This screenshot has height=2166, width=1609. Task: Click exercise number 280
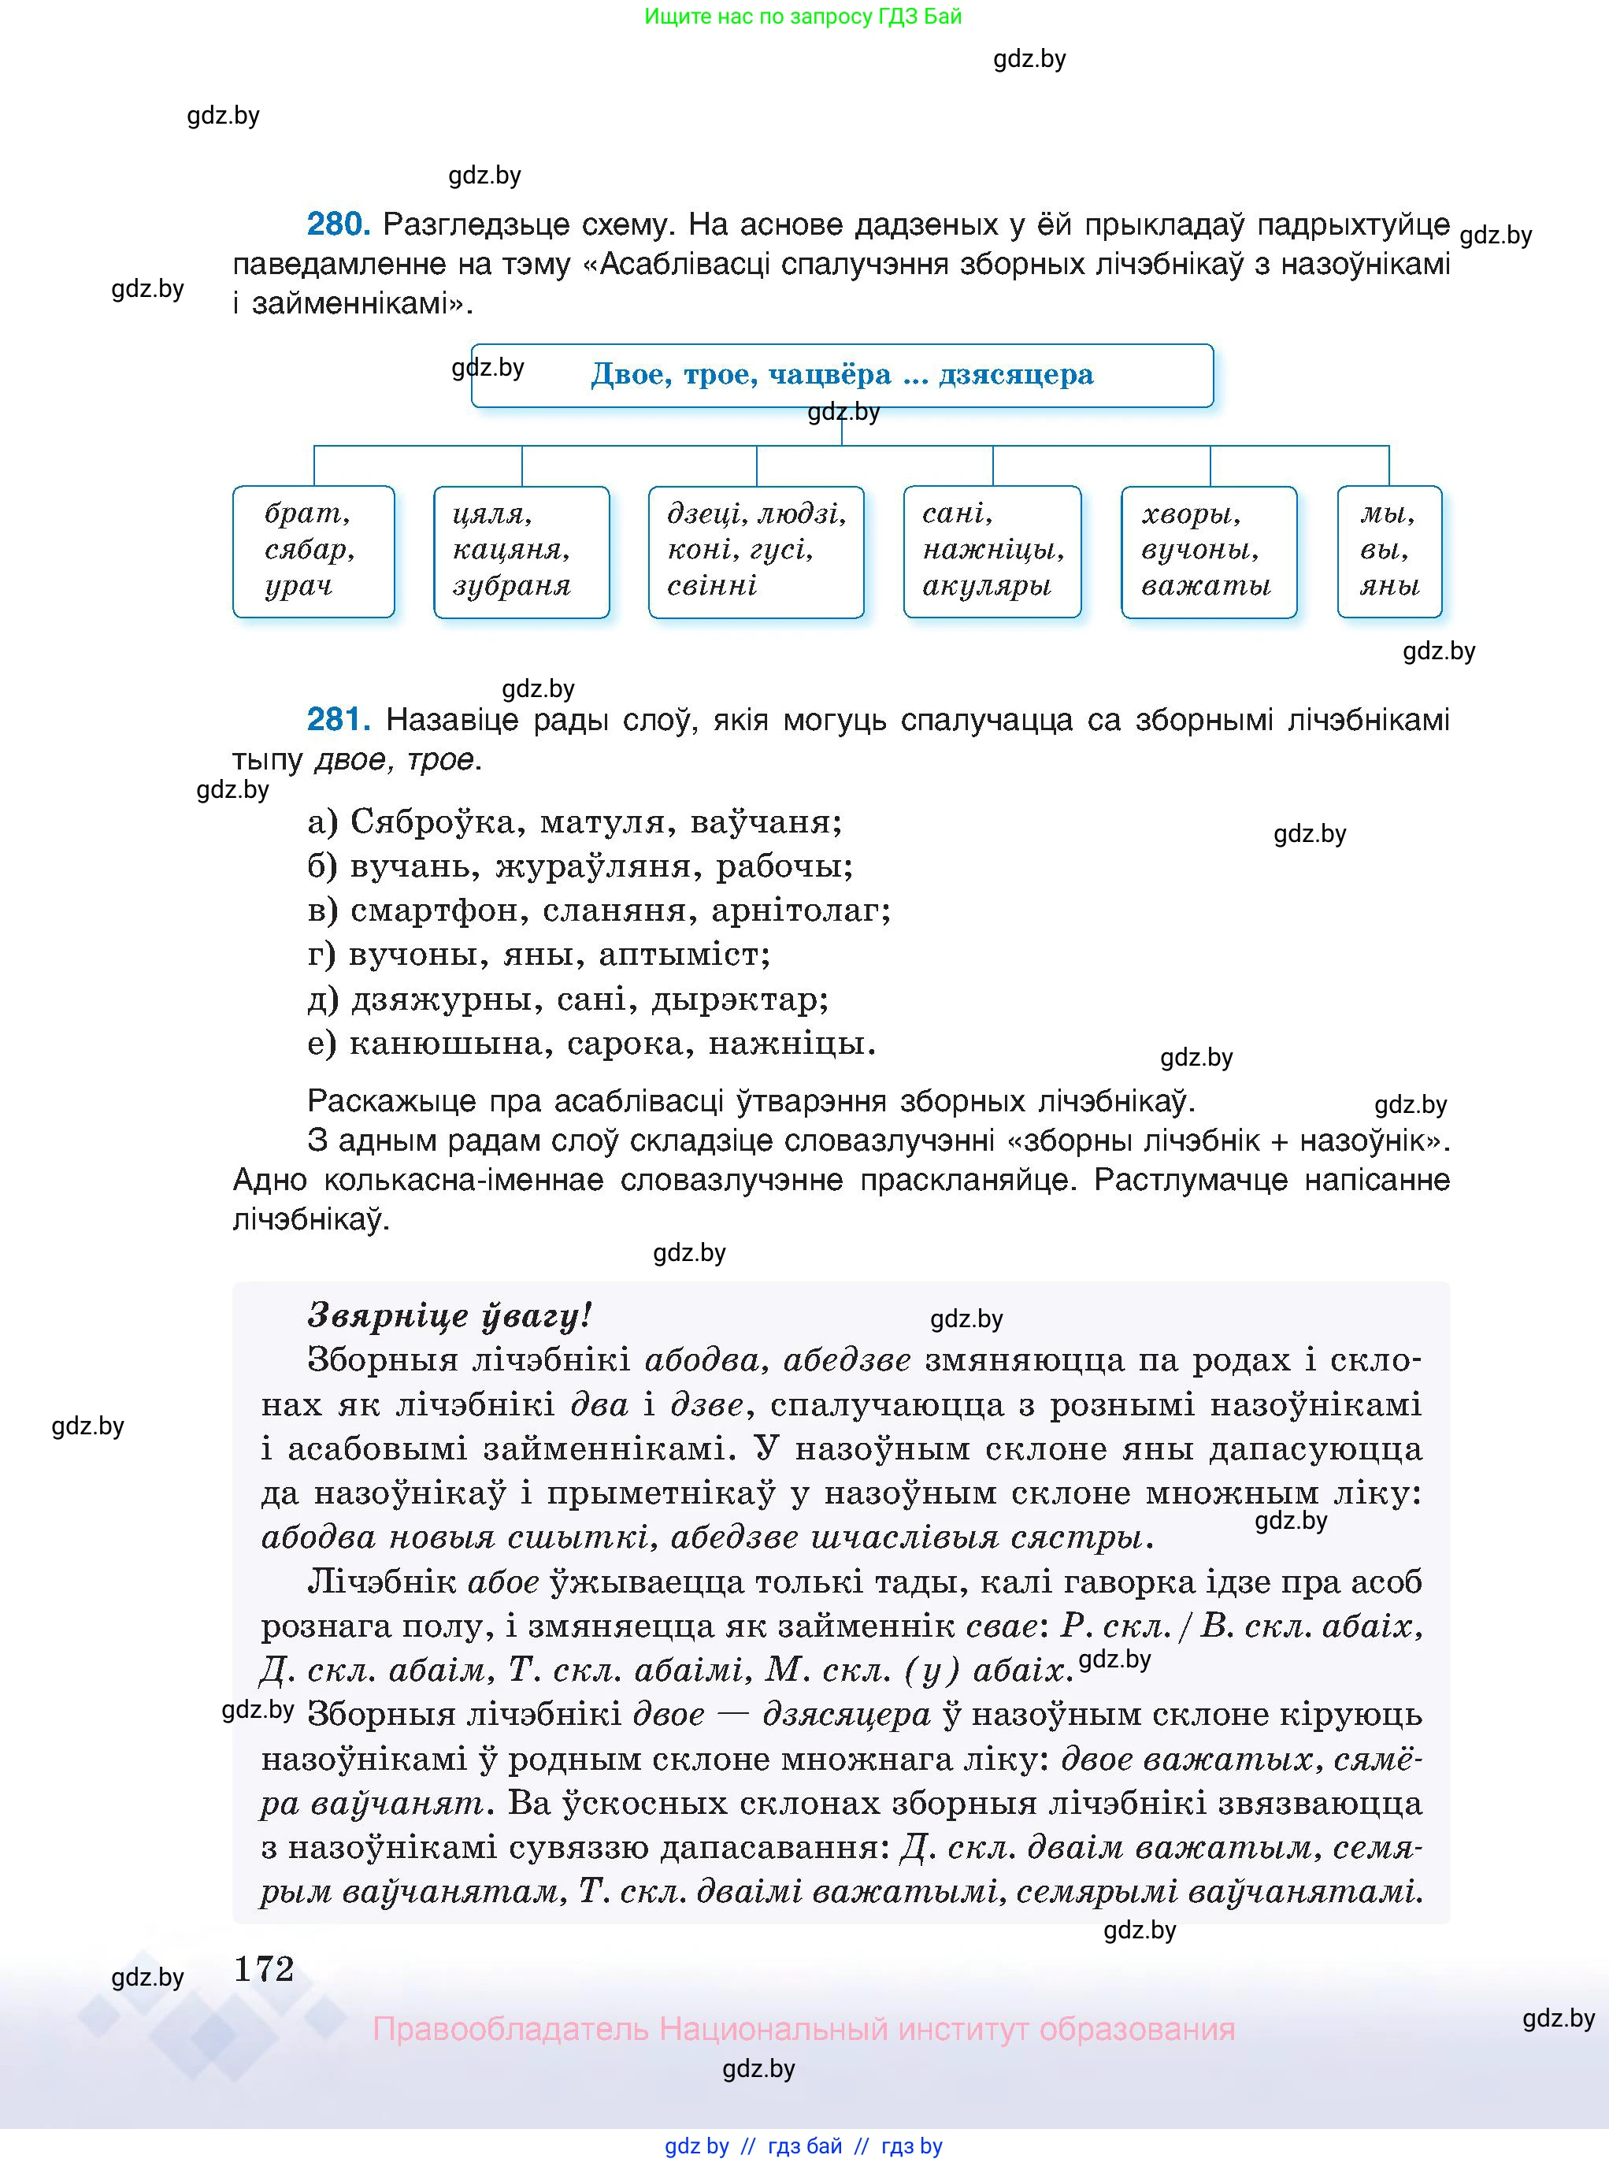[337, 225]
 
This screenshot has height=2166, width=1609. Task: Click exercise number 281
[337, 720]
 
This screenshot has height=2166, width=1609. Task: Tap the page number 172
[263, 1968]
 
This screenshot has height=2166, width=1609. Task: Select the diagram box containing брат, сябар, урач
[313, 551]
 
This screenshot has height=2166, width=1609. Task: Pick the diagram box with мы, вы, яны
[1389, 551]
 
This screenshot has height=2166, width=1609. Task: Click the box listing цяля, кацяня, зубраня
[521, 551]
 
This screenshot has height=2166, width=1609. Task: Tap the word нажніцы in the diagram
[993, 551]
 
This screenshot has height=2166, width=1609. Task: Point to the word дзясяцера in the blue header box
[1015, 375]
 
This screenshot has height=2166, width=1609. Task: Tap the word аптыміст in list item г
[684, 955]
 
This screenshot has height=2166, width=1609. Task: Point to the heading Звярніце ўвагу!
[449, 1316]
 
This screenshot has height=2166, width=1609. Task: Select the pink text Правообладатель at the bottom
[510, 2030]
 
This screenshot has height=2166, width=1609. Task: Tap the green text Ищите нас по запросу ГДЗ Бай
[803, 17]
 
